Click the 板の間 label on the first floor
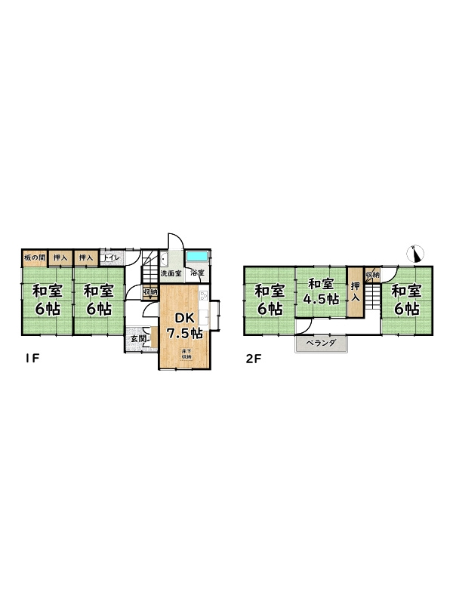pyautogui.click(x=34, y=258)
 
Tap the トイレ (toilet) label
pyautogui.click(x=110, y=258)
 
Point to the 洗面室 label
pyautogui.click(x=171, y=273)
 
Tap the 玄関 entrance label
pyautogui.click(x=138, y=339)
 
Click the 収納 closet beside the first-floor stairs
pyautogui.click(x=149, y=291)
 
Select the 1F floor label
pyautogui.click(x=29, y=359)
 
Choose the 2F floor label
pyautogui.click(x=252, y=359)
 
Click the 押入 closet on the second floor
pyautogui.click(x=355, y=291)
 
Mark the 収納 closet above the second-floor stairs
pyautogui.click(x=372, y=273)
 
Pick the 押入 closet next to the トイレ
pyautogui.click(x=86, y=258)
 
